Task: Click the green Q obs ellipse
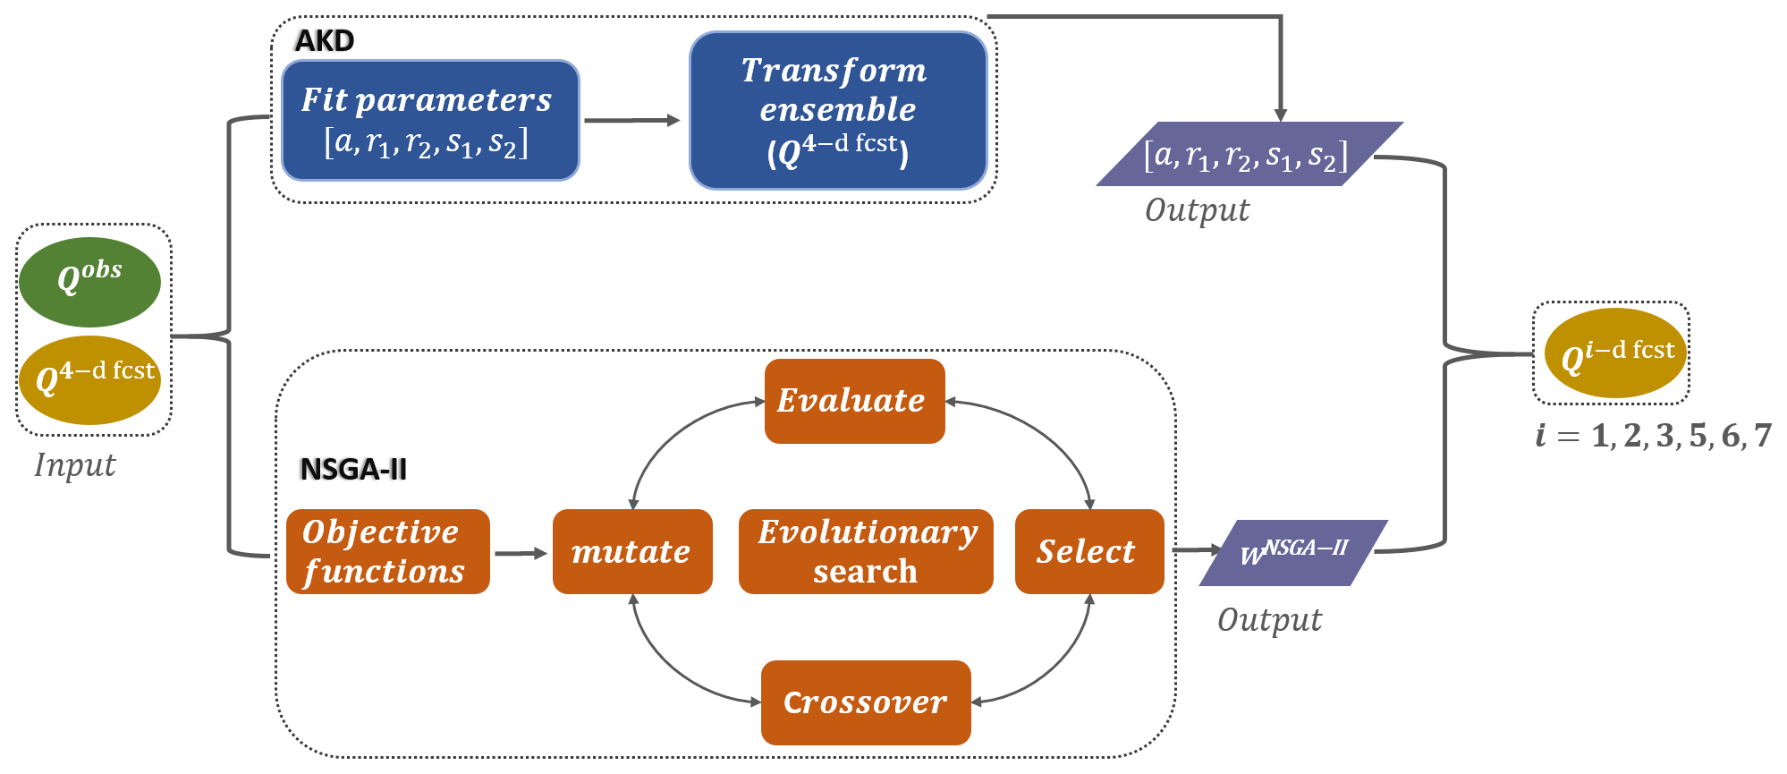coord(89,282)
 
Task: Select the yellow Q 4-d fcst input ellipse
coord(89,379)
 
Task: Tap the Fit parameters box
coord(430,121)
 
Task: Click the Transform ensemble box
coord(838,111)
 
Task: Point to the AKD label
coord(325,41)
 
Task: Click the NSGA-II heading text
coord(353,469)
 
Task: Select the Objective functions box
coord(387,551)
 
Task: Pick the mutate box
coord(632,551)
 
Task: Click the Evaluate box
coord(854,401)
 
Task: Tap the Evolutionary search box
coord(866,551)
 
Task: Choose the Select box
coord(1088,551)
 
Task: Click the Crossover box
coord(865,702)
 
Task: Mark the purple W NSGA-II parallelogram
coord(1293,553)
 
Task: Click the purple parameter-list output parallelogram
coord(1249,154)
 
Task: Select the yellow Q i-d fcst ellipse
coord(1614,353)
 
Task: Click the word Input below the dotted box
coord(75,465)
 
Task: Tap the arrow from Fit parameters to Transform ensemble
coord(631,121)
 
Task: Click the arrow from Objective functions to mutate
coord(521,554)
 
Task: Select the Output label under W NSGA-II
coord(1269,620)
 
